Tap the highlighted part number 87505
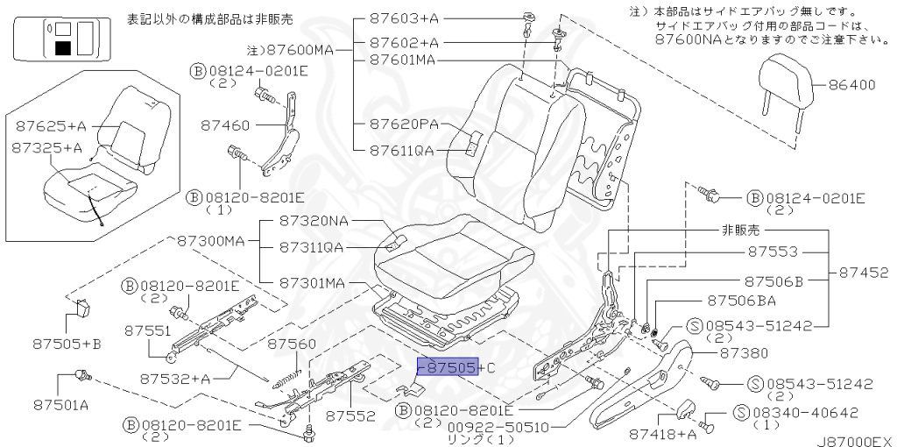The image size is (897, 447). click(x=447, y=367)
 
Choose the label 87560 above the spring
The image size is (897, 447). click(x=291, y=344)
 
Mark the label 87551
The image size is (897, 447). click(x=146, y=330)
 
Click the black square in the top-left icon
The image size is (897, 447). click(x=62, y=47)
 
